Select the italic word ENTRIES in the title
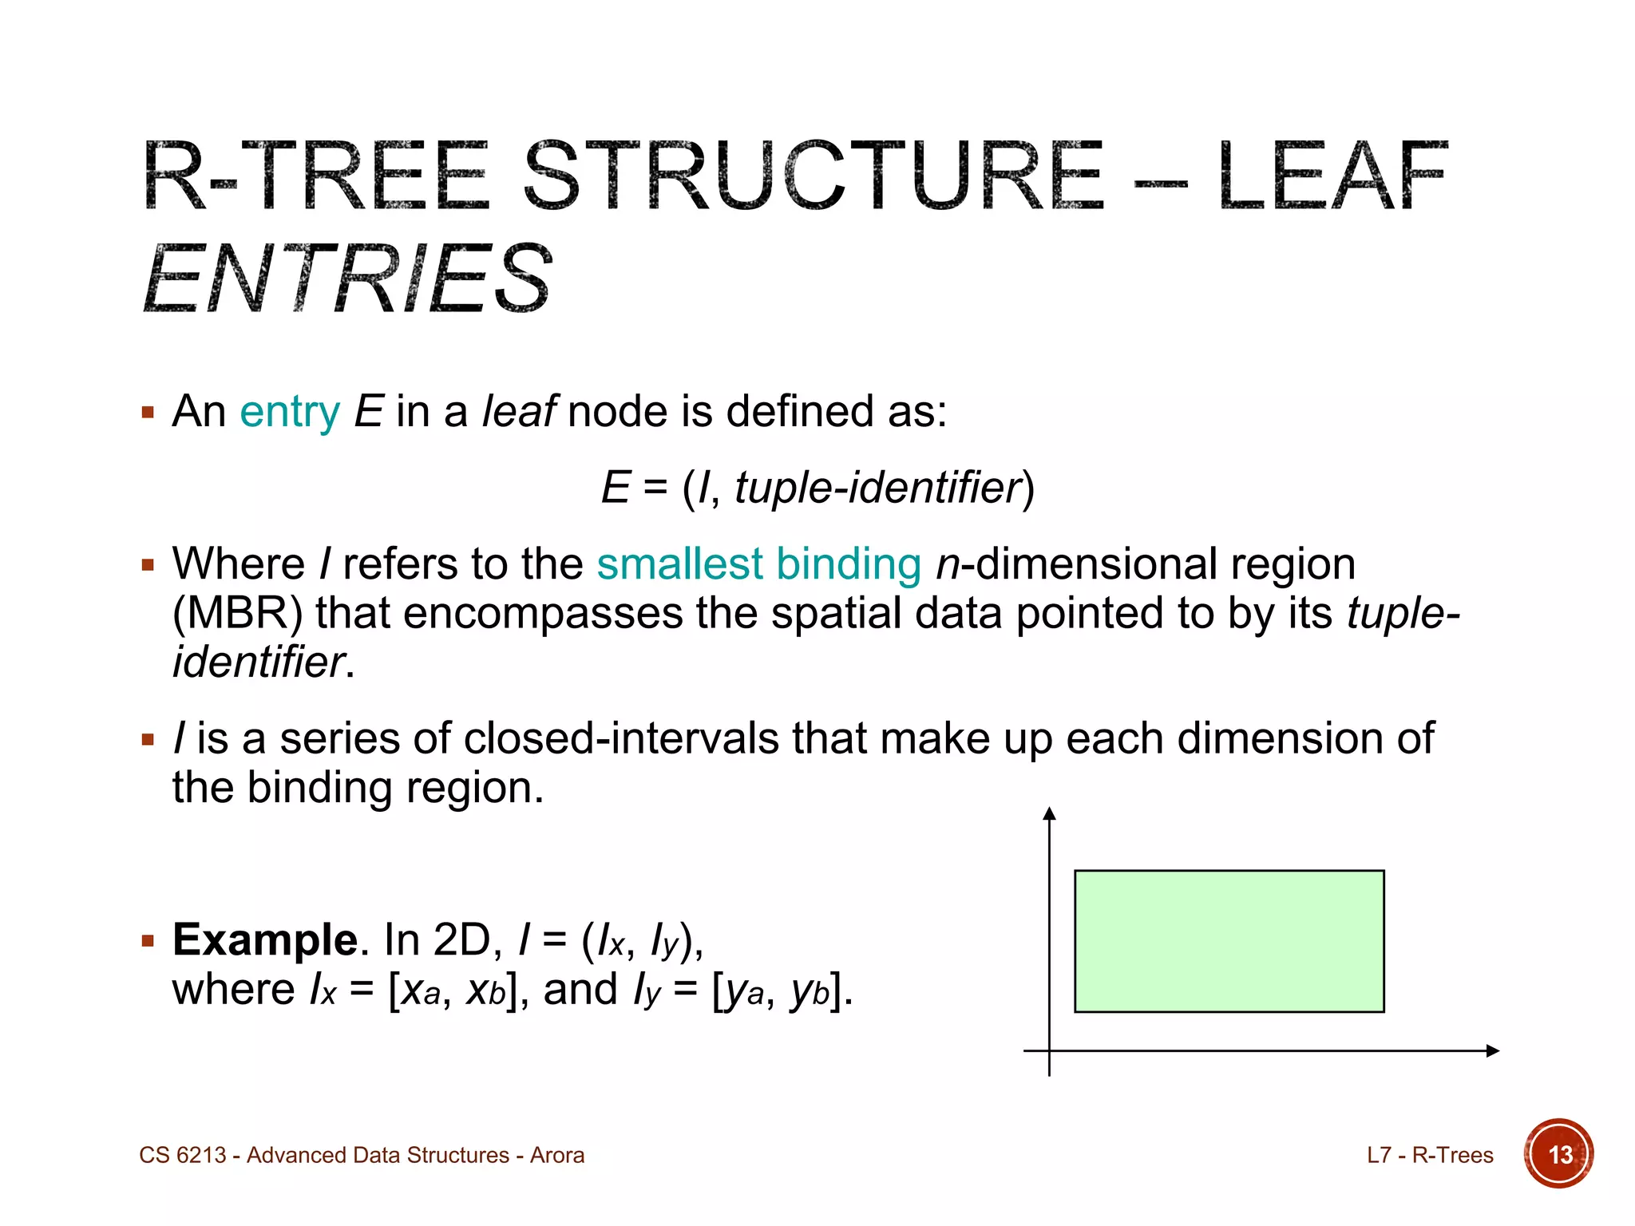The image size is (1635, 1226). (348, 279)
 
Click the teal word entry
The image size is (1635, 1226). (290, 413)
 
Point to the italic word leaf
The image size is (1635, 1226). (519, 412)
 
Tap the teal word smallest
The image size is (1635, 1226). (679, 564)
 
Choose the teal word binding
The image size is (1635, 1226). (849, 564)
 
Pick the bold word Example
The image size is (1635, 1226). (264, 939)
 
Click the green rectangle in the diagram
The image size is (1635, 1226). (1229, 941)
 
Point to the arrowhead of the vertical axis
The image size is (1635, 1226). (1050, 813)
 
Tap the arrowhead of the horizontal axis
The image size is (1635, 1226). (1493, 1050)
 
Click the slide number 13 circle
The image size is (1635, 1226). (1559, 1154)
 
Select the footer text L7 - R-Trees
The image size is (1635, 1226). (1430, 1155)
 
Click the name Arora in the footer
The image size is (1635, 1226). (557, 1155)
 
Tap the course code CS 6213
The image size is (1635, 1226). (183, 1155)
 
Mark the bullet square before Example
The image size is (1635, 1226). (148, 941)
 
